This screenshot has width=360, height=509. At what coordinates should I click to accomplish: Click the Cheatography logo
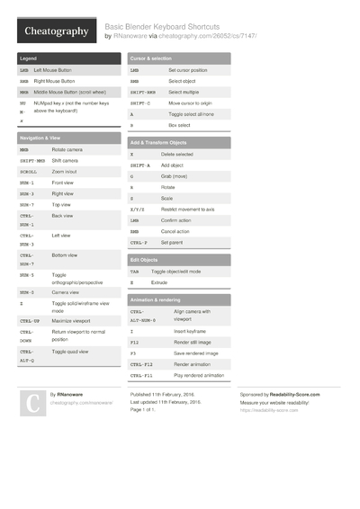tap(57, 32)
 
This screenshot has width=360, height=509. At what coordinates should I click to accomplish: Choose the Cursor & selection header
tap(151, 58)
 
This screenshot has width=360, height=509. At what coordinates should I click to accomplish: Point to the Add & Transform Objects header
tap(158, 143)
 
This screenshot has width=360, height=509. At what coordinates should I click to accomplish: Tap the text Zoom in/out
tap(65, 171)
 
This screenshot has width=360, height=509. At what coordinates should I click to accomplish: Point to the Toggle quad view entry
tap(70, 352)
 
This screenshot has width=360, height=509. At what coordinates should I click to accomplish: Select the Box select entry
tap(178, 126)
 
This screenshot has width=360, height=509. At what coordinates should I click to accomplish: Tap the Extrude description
tap(159, 282)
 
